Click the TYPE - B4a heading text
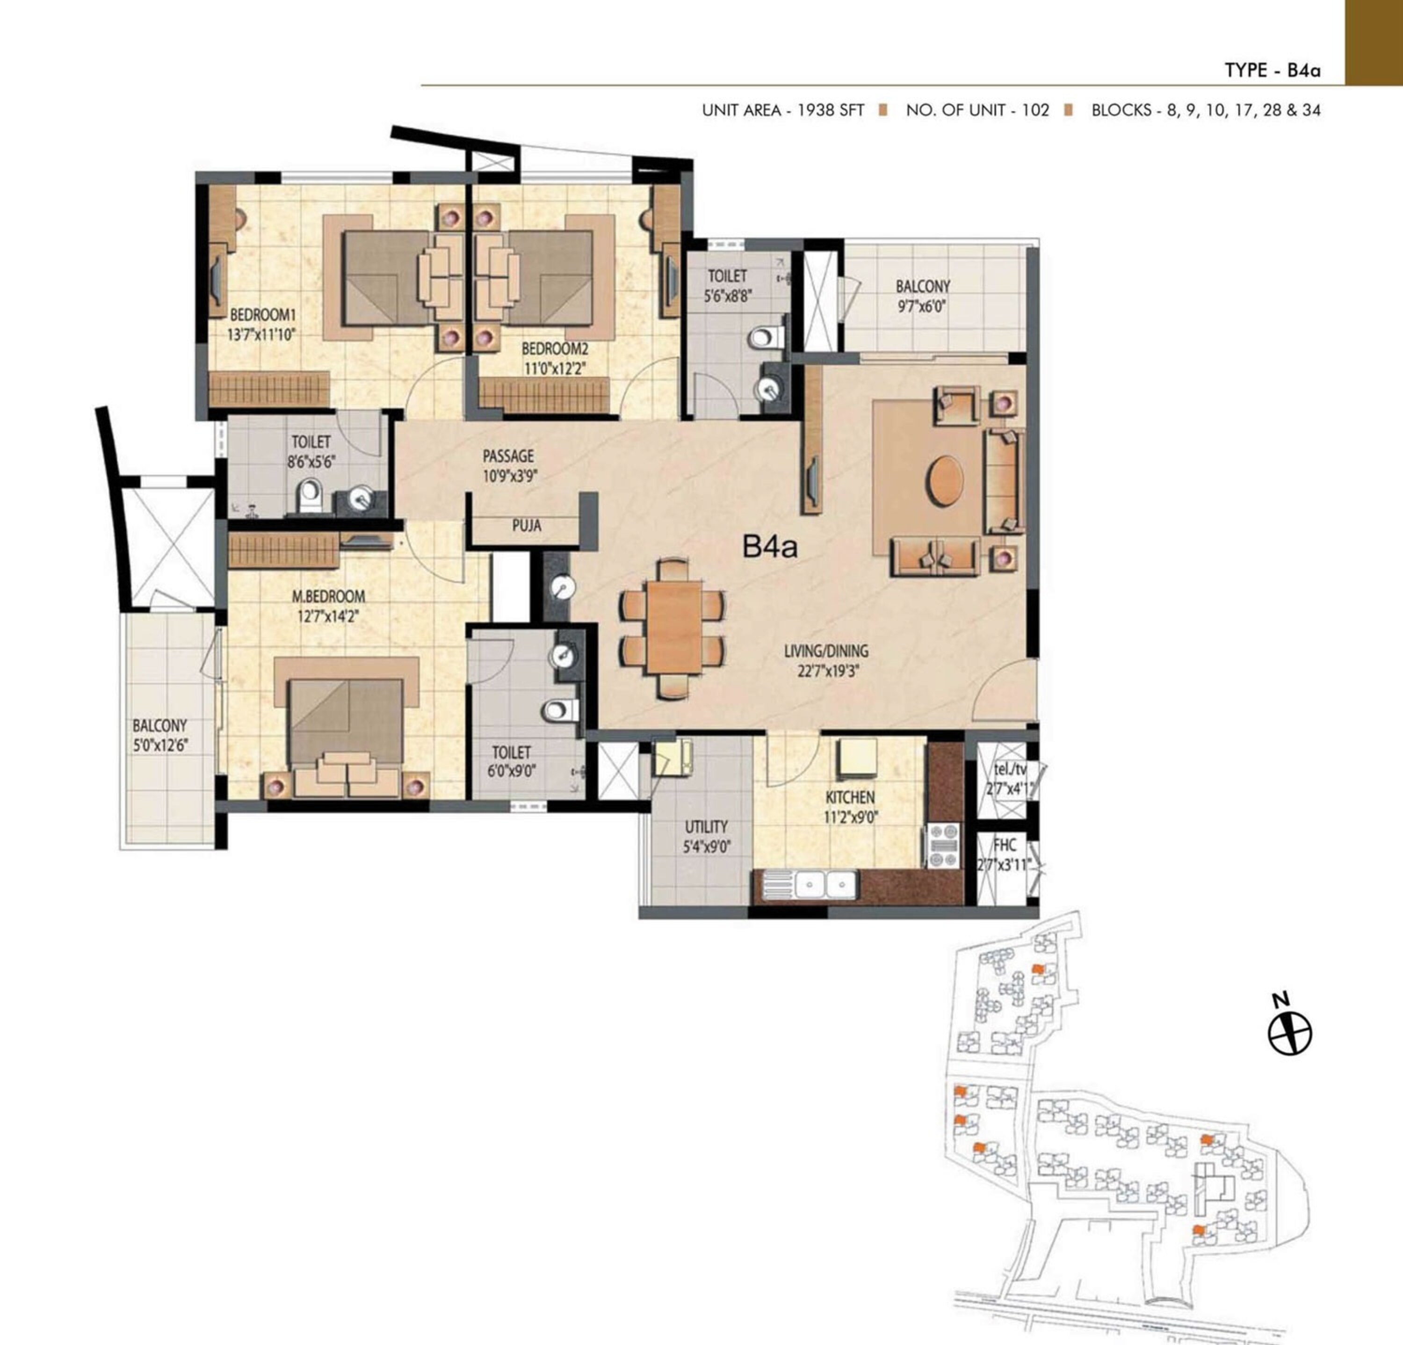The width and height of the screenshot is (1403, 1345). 1273,70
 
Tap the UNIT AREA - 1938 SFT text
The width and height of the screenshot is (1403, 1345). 783,110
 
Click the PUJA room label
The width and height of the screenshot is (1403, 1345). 526,525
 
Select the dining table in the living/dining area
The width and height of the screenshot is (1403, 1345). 673,627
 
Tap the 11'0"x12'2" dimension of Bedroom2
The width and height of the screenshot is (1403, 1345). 555,370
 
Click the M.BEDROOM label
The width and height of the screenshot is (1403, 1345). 329,595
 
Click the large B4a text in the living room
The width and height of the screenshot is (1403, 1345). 769,548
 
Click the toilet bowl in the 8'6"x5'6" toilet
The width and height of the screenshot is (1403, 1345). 309,494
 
